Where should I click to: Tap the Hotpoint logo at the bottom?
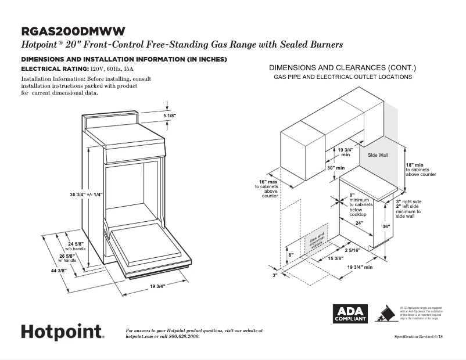pyautogui.click(x=63, y=332)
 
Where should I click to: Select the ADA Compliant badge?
pyautogui.click(x=350, y=314)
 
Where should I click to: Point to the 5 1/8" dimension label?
pyautogui.click(x=169, y=116)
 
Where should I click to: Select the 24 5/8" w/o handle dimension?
pyautogui.click(x=76, y=246)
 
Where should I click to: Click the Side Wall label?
pyautogui.click(x=378, y=156)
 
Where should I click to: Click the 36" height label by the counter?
pyautogui.click(x=386, y=226)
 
